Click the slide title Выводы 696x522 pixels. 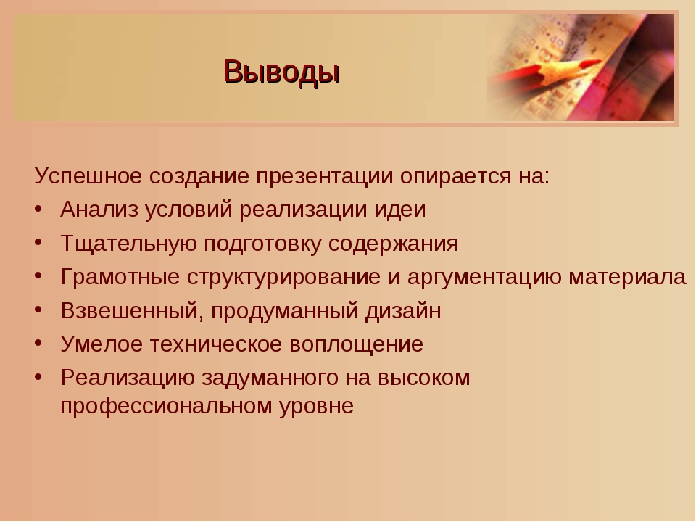click(281, 72)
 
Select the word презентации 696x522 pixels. click(325, 177)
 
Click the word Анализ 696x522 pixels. click(99, 209)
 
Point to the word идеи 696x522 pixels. click(400, 210)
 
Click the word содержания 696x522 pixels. click(393, 244)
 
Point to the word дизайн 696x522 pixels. click(404, 311)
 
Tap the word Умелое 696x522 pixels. click(101, 344)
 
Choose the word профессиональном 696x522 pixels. click(167, 406)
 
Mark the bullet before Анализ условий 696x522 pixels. click(38, 209)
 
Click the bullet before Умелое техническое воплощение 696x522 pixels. click(38, 344)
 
